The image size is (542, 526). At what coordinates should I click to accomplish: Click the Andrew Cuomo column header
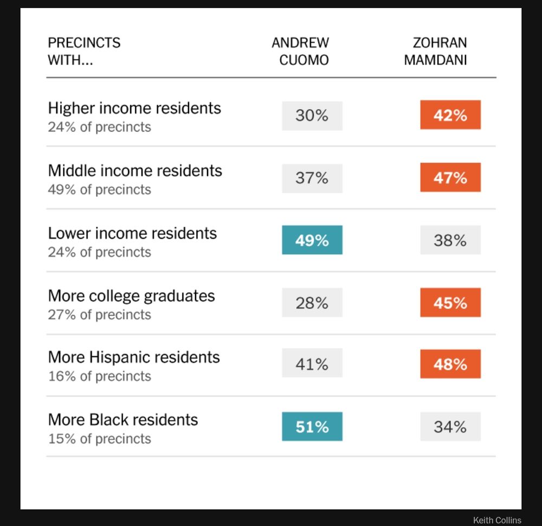click(x=300, y=51)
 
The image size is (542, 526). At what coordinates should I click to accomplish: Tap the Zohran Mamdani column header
click(x=435, y=51)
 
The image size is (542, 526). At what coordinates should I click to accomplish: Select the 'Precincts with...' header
click(x=84, y=51)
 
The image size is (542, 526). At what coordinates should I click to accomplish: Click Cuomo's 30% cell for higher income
click(x=312, y=116)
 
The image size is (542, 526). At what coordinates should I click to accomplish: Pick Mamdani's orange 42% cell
click(x=450, y=115)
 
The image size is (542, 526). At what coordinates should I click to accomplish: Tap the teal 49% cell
click(x=312, y=240)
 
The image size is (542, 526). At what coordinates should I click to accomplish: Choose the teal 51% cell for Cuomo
click(x=312, y=427)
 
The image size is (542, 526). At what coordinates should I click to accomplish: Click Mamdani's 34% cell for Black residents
click(x=450, y=427)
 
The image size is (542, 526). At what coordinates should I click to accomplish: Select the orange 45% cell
click(x=450, y=303)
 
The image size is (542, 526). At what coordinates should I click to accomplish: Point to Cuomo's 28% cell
click(x=312, y=303)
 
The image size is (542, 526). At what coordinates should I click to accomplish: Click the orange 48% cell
click(x=450, y=364)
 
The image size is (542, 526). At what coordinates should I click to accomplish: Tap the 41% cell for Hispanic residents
click(x=312, y=364)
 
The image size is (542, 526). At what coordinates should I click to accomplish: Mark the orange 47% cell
click(x=450, y=178)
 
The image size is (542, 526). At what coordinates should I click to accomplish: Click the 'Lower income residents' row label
click(x=132, y=233)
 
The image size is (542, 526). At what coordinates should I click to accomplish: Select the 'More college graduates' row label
click(x=131, y=296)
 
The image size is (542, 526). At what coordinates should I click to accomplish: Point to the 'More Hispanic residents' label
click(x=134, y=357)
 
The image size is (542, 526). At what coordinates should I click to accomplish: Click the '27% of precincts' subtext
click(x=99, y=315)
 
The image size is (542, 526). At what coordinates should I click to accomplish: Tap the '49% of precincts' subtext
click(x=99, y=190)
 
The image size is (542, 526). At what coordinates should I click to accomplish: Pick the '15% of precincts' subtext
click(x=99, y=439)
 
